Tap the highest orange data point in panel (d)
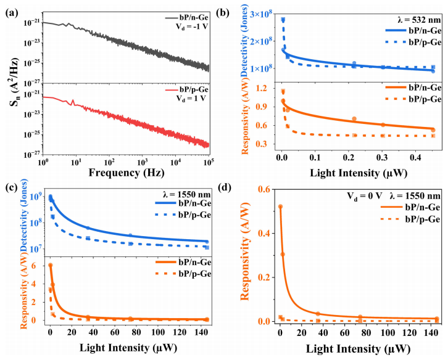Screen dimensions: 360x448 click(281, 224)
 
